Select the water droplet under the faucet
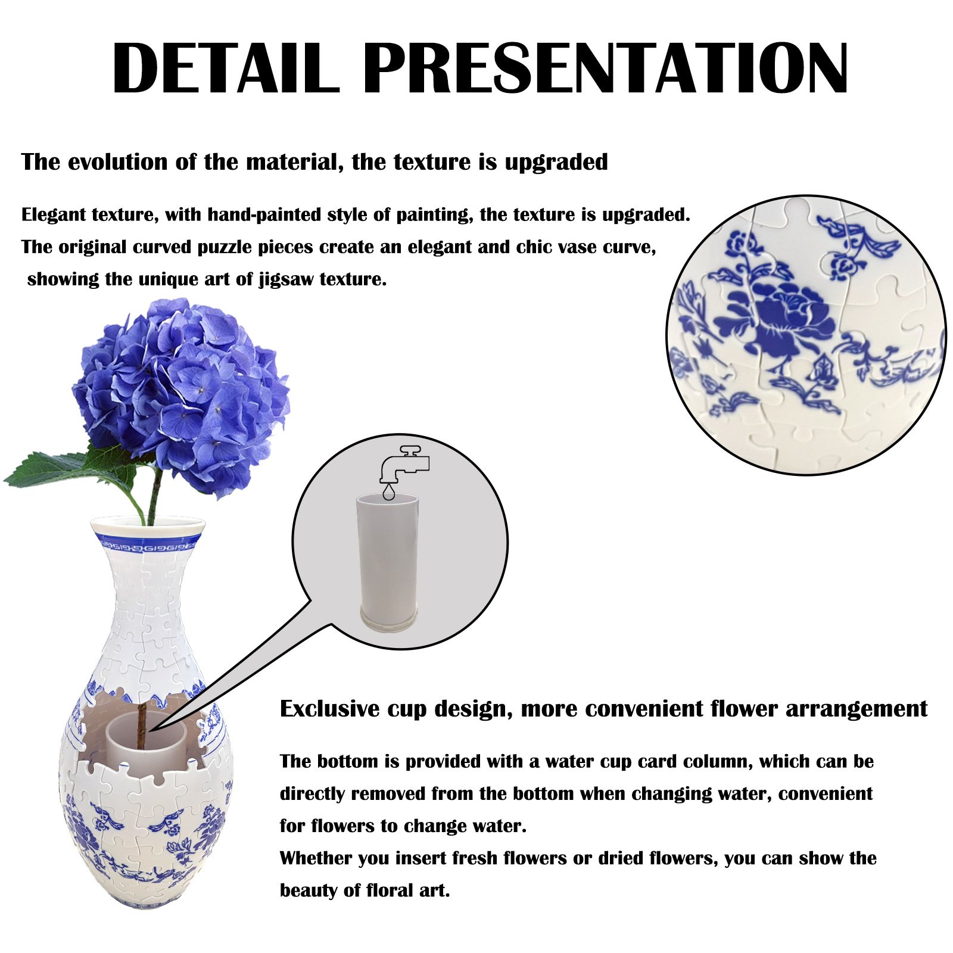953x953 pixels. coord(389,492)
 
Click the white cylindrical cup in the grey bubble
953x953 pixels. coord(388,554)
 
